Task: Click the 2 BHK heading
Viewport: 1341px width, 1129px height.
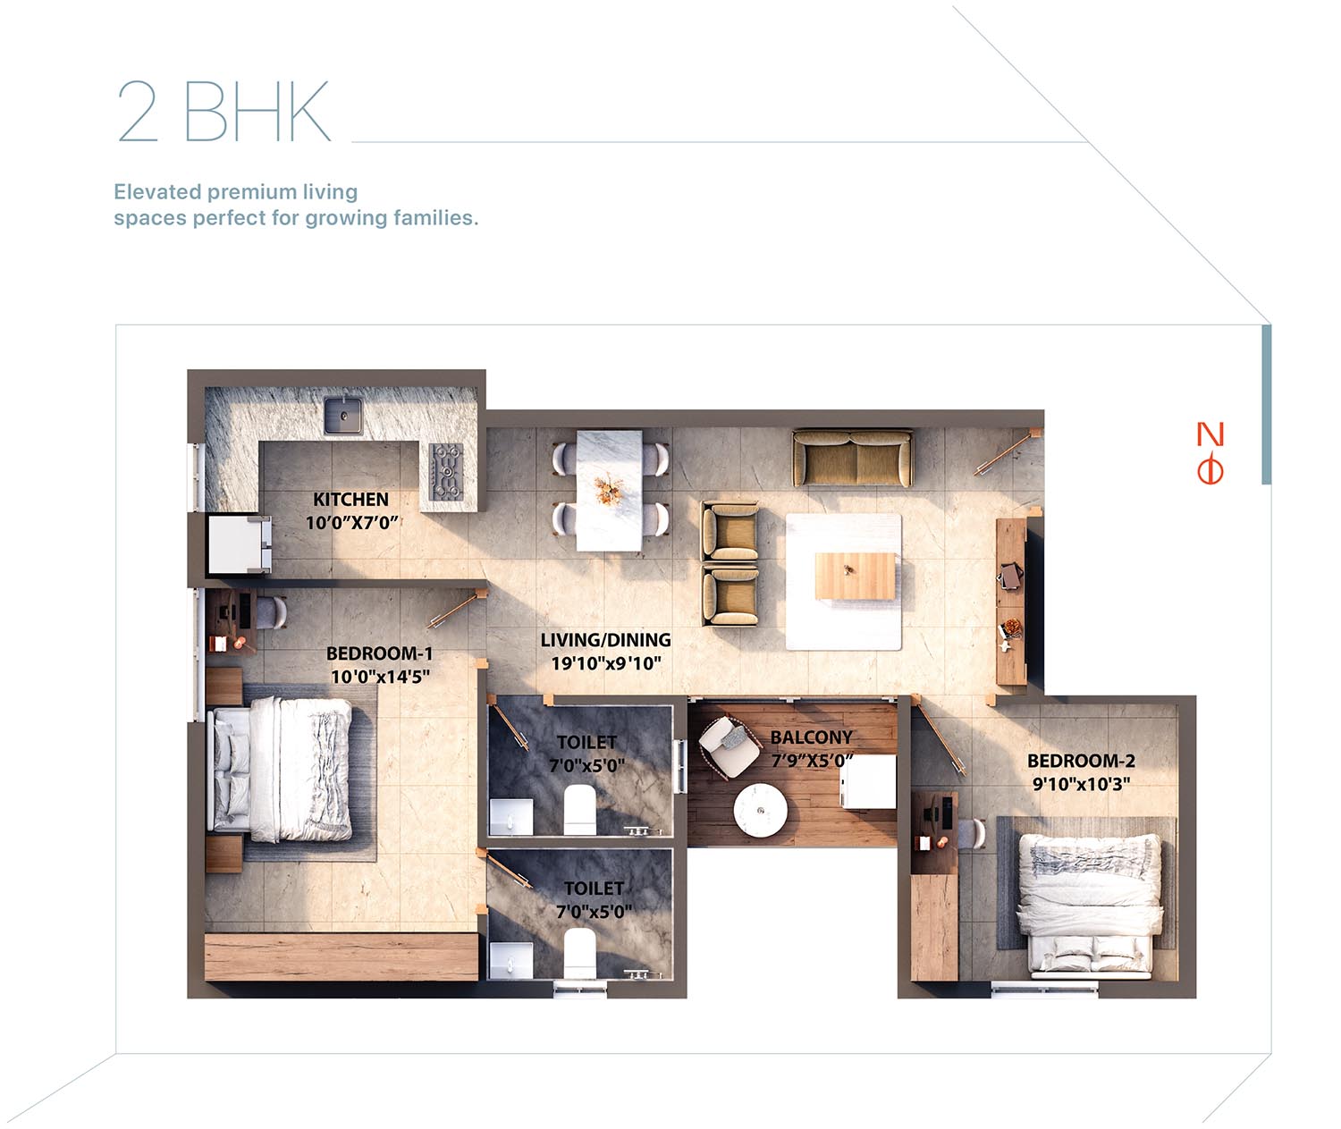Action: pos(224,111)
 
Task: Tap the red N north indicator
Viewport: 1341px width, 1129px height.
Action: pos(1210,434)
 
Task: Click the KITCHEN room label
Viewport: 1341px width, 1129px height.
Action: pos(350,499)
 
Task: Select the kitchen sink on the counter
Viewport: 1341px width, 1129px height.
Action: pos(343,415)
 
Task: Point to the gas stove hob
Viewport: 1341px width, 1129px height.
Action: pos(446,471)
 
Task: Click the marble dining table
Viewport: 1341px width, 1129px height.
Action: pos(609,490)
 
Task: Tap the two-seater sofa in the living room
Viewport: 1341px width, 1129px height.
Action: pos(852,458)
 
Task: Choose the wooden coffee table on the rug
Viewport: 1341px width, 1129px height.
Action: pos(855,576)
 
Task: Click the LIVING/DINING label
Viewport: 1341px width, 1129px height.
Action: pos(605,640)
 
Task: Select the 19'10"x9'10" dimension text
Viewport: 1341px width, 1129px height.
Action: pos(605,662)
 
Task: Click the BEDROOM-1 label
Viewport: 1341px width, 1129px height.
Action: pos(380,653)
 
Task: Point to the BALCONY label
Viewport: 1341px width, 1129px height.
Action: pos(811,737)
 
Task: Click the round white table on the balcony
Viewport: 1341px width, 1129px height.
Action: pos(761,810)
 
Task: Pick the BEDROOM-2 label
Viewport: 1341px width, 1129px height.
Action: pos(1081,761)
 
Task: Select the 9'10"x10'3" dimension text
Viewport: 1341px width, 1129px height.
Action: pos(1081,783)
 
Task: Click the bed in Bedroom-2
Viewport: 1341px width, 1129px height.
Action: pos(1091,906)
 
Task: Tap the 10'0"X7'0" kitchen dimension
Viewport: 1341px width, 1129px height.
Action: pos(351,523)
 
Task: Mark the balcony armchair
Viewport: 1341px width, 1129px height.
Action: pos(730,748)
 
